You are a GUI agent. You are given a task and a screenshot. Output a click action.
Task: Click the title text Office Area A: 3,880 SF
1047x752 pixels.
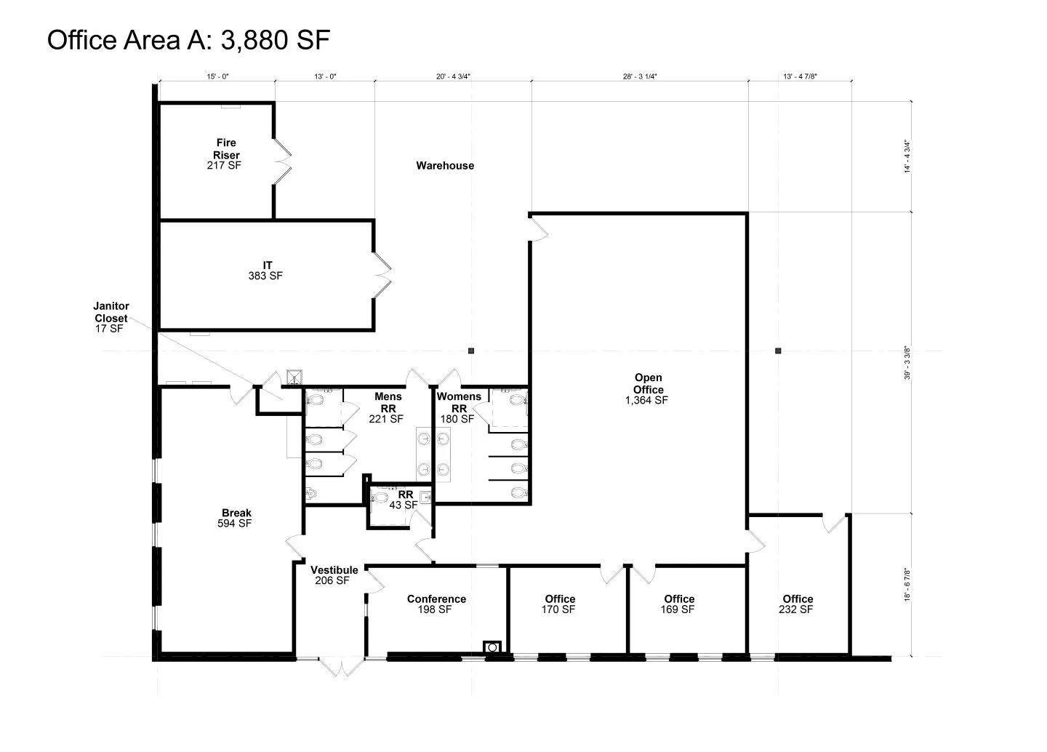(189, 40)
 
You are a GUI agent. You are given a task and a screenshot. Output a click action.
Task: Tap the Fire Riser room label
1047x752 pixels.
(225, 154)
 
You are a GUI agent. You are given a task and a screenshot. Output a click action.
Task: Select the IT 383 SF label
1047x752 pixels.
(265, 271)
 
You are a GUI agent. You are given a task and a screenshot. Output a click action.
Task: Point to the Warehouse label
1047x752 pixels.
(445, 166)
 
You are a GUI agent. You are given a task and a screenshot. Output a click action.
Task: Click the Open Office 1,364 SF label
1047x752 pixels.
(647, 388)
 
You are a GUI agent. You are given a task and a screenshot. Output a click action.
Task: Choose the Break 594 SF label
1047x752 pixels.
(235, 518)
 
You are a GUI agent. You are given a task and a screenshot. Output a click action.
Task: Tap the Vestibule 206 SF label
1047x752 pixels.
(334, 575)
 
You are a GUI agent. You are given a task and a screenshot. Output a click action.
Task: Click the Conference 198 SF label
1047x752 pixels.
(436, 604)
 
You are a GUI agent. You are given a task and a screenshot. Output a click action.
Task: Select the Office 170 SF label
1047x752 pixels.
(559, 604)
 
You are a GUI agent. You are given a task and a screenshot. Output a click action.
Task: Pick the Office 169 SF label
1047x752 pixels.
(678, 604)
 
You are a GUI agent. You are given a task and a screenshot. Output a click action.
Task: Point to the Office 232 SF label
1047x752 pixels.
(797, 604)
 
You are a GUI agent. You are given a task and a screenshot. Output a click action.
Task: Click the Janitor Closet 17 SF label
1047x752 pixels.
(111, 318)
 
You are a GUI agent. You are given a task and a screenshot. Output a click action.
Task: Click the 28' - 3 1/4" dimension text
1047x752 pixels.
(640, 76)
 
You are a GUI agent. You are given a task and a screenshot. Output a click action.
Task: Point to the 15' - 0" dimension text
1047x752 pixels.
(218, 76)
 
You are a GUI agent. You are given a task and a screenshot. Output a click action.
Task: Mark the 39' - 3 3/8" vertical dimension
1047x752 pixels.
(907, 363)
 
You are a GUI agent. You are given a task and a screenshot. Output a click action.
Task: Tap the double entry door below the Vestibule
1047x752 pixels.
(341, 666)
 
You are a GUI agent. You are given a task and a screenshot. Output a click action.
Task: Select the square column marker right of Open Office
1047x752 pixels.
(778, 351)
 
